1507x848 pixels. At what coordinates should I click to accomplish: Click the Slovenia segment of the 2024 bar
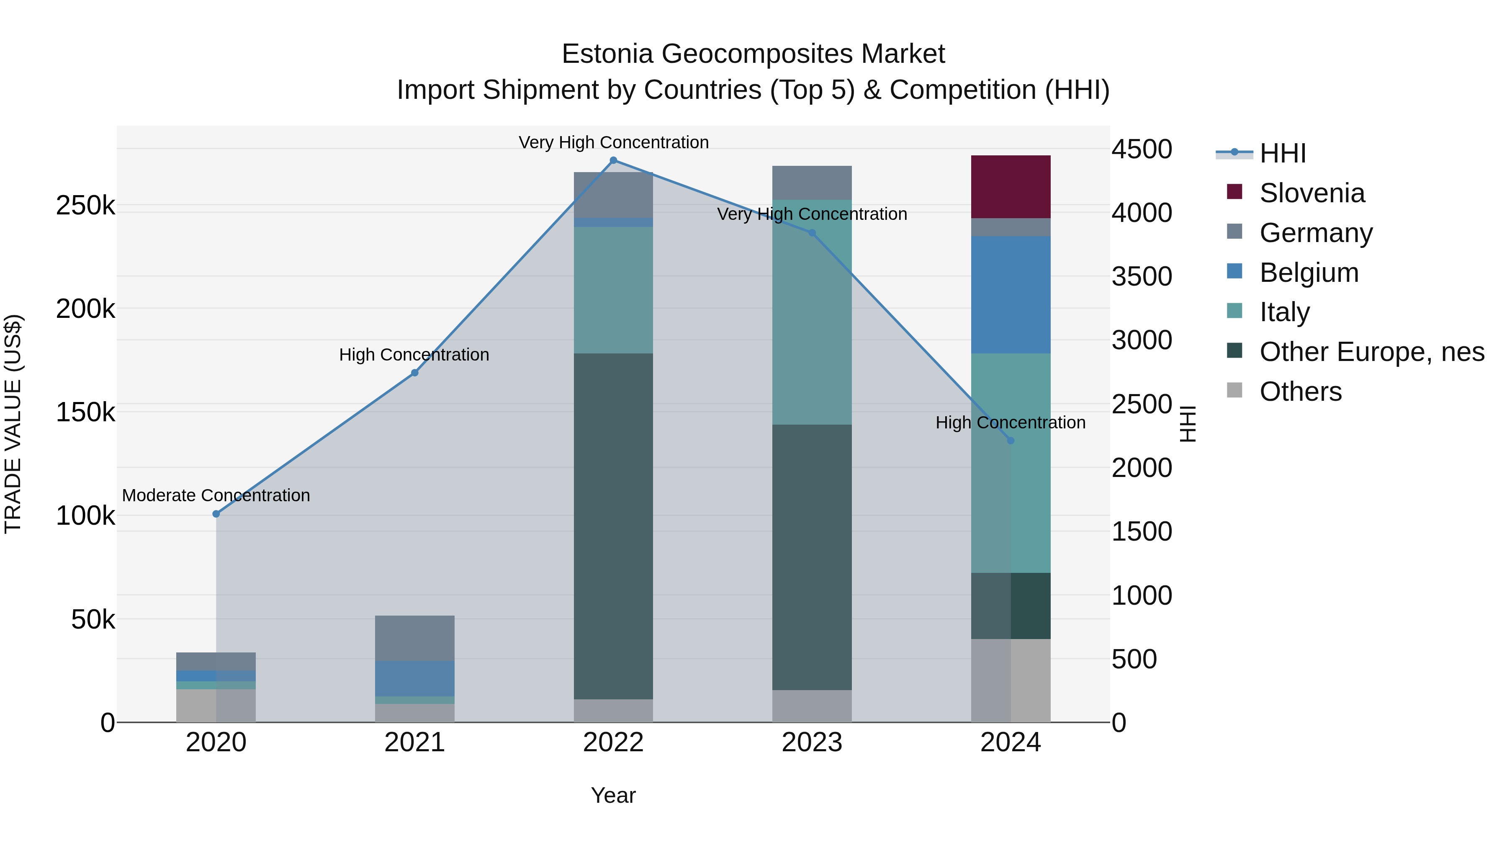1011,187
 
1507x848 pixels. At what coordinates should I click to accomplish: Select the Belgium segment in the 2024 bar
1011,294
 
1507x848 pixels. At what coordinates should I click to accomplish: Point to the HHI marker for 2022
613,160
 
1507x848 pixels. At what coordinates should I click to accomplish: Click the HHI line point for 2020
216,514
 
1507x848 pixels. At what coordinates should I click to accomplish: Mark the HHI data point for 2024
1011,440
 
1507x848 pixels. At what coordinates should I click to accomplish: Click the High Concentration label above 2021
414,355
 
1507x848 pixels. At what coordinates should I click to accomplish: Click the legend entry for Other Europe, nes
1371,352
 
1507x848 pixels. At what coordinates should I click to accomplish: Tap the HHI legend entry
1282,153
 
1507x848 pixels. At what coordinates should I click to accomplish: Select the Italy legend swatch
1234,311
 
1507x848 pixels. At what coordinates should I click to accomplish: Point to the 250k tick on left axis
85,206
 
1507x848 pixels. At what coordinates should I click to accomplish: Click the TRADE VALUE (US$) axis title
13,424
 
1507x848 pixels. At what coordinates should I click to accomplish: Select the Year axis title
613,795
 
